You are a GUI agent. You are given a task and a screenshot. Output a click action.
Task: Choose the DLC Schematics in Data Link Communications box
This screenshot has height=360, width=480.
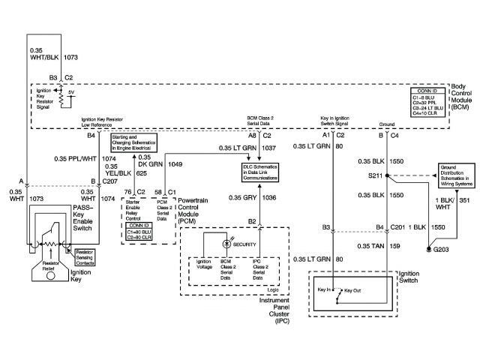tap(256, 171)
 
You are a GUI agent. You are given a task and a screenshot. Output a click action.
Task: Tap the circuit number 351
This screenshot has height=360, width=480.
tap(463, 200)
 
